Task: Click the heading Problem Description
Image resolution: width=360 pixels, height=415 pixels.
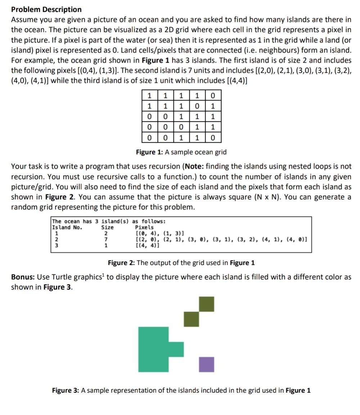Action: [x=46, y=9]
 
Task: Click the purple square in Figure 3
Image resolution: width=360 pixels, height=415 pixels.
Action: [x=207, y=364]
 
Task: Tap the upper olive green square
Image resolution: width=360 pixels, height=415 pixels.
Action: [x=207, y=304]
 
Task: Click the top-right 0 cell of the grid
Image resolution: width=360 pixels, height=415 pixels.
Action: [x=213, y=95]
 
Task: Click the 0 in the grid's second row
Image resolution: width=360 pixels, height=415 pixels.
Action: [x=197, y=106]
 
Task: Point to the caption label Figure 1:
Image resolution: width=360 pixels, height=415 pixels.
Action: [x=149, y=152]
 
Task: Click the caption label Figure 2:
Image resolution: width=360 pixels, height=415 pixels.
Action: [x=121, y=263]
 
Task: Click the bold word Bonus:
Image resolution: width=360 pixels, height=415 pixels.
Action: [x=23, y=277]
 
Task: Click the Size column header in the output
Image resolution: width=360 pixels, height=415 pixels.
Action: [x=107, y=227]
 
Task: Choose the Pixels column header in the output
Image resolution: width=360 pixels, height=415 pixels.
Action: [x=144, y=227]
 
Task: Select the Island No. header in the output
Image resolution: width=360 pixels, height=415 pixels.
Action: [x=67, y=227]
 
